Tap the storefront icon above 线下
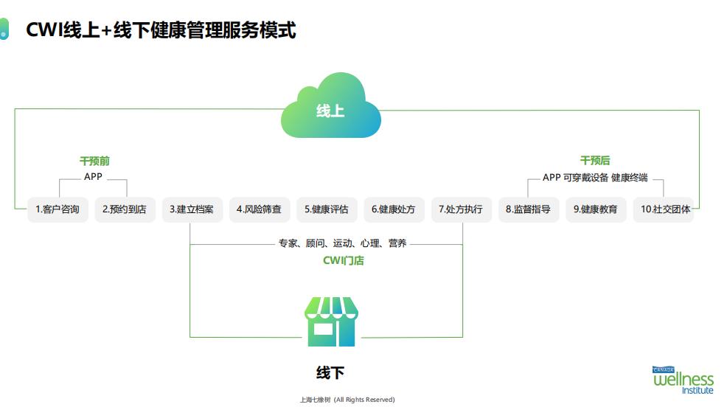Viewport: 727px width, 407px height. [x=331, y=322]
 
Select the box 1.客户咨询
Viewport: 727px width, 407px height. [x=58, y=209]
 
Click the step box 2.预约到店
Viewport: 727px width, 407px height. [x=125, y=209]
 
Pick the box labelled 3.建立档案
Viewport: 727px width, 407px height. [x=192, y=209]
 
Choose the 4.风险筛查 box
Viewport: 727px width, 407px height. [x=259, y=209]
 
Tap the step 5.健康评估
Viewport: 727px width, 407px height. [x=327, y=209]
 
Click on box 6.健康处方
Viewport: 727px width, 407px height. [x=394, y=209]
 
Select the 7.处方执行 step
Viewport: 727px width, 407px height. [x=461, y=209]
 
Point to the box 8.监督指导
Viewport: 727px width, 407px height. [x=528, y=209]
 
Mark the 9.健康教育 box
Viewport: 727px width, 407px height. [x=596, y=209]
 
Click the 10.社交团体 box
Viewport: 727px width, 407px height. [x=663, y=209]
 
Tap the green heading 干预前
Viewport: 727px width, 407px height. [x=94, y=161]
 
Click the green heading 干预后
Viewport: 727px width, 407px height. [x=595, y=160]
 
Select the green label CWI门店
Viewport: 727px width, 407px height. [x=343, y=260]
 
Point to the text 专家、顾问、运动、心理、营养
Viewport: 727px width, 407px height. [x=342, y=243]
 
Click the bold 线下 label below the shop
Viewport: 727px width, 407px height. [x=330, y=372]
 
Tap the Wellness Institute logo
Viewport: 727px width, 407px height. [x=683, y=380]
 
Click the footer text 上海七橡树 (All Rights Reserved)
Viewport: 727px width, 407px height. [x=347, y=400]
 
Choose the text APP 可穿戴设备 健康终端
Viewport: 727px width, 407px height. [x=595, y=178]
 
